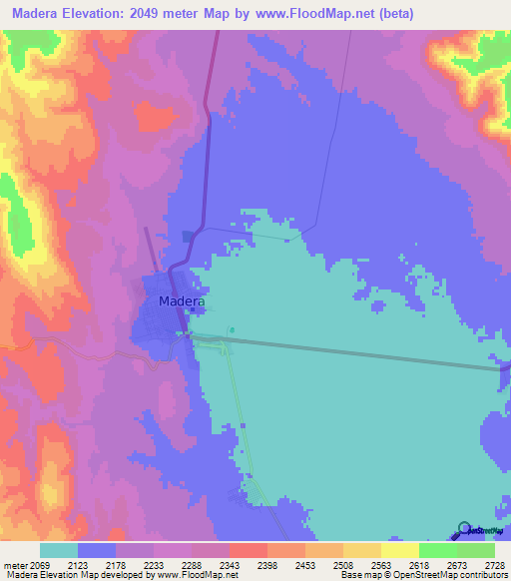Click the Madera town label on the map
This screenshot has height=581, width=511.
click(x=182, y=301)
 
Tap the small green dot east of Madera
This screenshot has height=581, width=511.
click(x=232, y=330)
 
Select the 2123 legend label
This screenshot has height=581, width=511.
click(x=96, y=564)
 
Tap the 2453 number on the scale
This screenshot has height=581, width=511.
click(x=323, y=564)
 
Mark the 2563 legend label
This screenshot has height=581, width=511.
click(x=399, y=564)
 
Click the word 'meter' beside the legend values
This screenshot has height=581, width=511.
click(x=15, y=564)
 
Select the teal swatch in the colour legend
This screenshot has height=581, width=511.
click(x=59, y=550)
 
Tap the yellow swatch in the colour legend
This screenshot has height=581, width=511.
click(x=400, y=550)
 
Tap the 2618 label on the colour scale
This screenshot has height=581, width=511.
click(x=437, y=564)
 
